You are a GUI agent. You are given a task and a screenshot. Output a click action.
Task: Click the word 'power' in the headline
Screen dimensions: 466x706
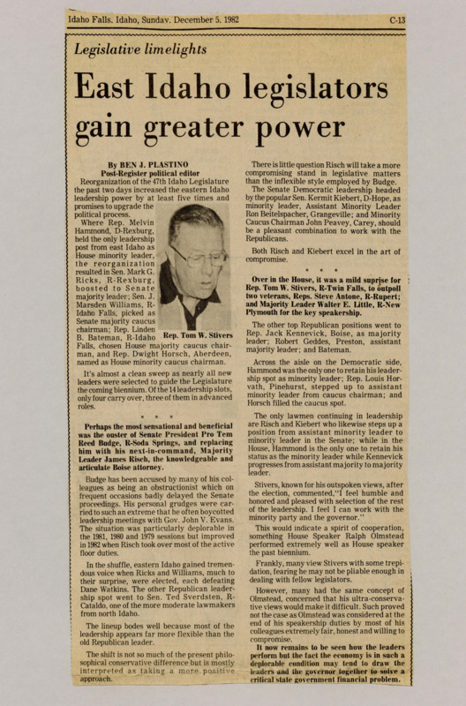tap(337, 131)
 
